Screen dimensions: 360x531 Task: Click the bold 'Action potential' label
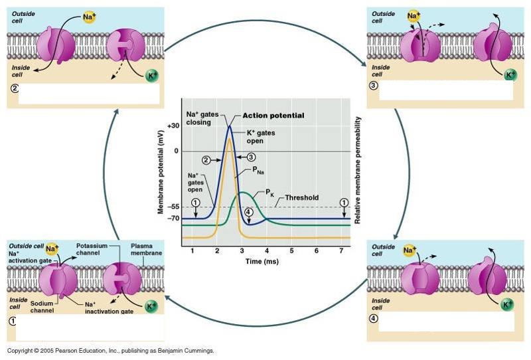point(273,116)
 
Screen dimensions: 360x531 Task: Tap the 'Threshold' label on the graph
point(302,197)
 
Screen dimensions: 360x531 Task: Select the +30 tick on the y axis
point(173,126)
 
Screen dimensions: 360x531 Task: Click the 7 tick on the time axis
point(341,250)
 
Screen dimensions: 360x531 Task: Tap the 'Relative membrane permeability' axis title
point(358,169)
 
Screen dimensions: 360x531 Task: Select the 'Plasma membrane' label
point(141,248)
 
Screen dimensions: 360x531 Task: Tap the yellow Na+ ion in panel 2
point(90,16)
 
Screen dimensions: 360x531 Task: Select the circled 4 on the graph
point(248,213)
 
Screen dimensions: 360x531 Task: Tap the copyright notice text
point(111,351)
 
